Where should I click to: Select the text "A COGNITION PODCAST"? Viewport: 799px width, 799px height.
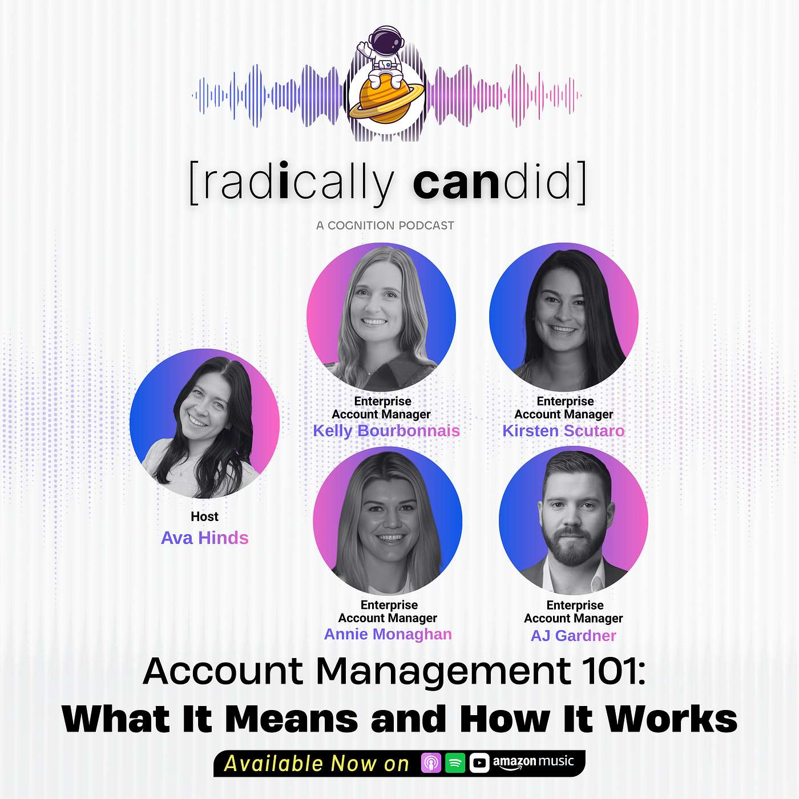tap(385, 225)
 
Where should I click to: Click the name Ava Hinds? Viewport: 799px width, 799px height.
tap(204, 538)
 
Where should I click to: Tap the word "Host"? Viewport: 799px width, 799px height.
tap(204, 516)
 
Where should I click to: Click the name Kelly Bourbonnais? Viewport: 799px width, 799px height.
tap(386, 431)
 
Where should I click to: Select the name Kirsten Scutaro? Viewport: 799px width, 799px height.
tap(563, 431)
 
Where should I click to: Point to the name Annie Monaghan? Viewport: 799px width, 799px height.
tap(388, 634)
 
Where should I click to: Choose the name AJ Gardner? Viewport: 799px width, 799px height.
tap(573, 636)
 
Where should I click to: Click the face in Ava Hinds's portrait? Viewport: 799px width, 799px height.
tap(203, 408)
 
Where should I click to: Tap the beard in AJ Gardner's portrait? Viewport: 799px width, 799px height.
tap(572, 545)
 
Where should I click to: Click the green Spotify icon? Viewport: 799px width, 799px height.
tap(455, 763)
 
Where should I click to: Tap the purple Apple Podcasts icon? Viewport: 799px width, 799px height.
tap(431, 763)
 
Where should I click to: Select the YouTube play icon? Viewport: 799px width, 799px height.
tap(479, 763)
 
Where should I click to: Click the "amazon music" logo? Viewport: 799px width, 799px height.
tap(533, 762)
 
